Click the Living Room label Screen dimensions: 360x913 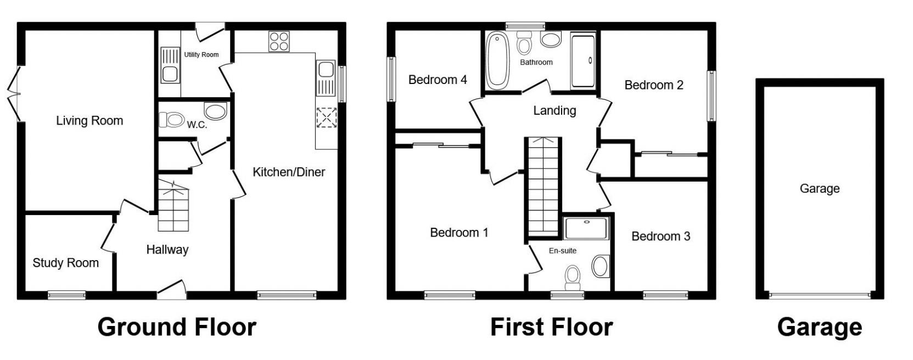(89, 121)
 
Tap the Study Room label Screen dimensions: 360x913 (65, 263)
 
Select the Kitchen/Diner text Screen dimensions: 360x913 (289, 172)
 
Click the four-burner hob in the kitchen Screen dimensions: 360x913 (279, 41)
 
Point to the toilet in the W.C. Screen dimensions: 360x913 (171, 119)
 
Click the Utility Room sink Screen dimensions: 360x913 (170, 72)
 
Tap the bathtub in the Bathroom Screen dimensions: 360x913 (498, 60)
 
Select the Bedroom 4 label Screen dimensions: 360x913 (438, 80)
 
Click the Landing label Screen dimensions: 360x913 (554, 111)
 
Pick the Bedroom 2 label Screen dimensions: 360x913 (654, 85)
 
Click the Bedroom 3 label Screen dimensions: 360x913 (660, 237)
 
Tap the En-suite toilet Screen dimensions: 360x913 (573, 278)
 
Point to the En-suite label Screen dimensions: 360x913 (563, 251)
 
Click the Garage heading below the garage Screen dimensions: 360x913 (819, 328)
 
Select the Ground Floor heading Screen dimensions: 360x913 (177, 328)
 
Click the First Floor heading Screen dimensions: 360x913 (551, 328)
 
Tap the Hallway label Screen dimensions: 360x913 (167, 250)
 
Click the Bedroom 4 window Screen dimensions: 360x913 (391, 80)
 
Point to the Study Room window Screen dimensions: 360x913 (66, 295)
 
